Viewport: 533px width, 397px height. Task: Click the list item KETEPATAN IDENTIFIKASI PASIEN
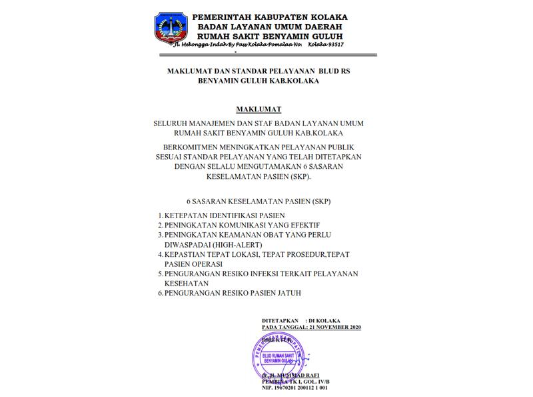pyautogui.click(x=225, y=216)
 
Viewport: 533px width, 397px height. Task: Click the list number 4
pyautogui.click(x=161, y=254)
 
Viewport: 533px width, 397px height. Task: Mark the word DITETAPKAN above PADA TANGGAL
pyautogui.click(x=279, y=321)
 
